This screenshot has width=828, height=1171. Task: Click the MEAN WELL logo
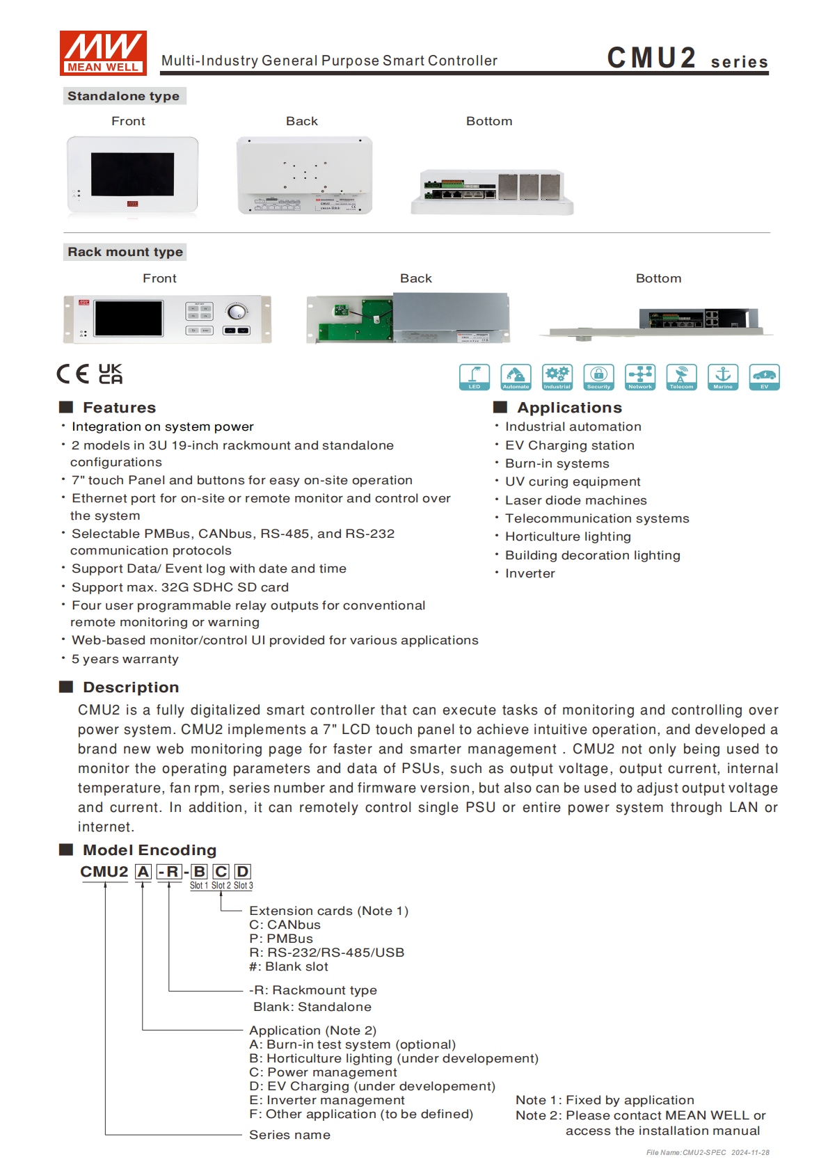point(103,52)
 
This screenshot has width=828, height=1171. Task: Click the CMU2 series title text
point(687,58)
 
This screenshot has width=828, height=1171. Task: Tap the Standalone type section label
point(124,96)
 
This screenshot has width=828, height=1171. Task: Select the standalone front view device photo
point(132,174)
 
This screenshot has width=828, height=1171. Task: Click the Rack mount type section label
point(125,252)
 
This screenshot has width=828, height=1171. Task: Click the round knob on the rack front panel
point(237,311)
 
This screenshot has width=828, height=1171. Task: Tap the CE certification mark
point(73,374)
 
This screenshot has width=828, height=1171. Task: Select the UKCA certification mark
point(110,374)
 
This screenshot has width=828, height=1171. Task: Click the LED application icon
point(475,376)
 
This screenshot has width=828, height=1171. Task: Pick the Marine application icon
point(723,376)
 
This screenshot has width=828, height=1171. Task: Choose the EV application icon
point(764,376)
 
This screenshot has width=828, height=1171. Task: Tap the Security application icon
point(598,376)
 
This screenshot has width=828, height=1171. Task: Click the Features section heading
point(119,408)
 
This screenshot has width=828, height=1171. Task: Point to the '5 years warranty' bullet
point(125,659)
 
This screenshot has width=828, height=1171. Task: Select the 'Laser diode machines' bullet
point(575,500)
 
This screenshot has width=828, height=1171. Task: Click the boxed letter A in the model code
point(143,872)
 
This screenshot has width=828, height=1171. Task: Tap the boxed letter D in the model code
point(242,872)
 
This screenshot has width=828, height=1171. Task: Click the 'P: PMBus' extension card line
point(281,939)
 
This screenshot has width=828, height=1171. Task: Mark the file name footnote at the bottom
point(708,1152)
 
